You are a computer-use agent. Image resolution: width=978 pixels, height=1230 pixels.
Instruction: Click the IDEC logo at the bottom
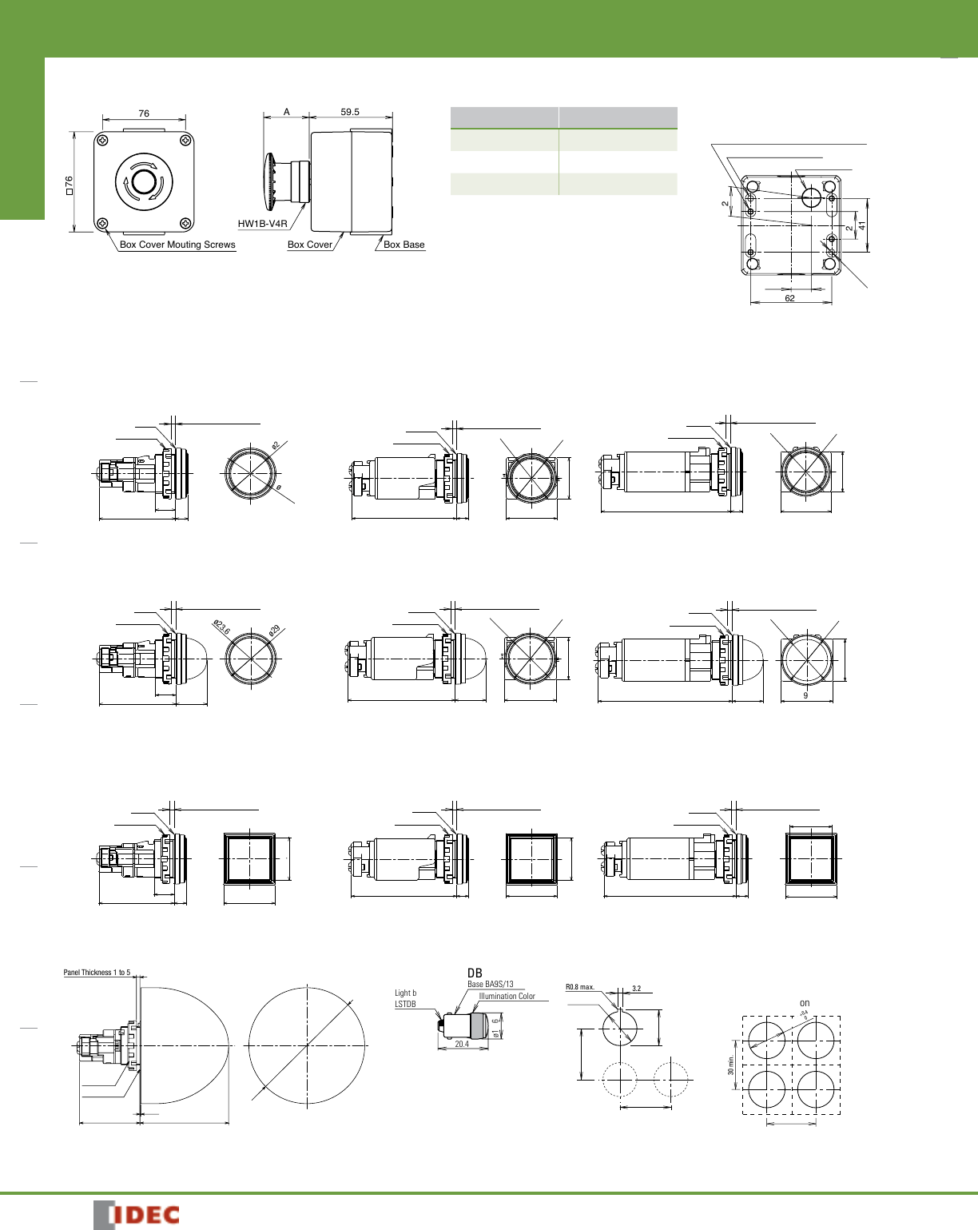(x=137, y=1215)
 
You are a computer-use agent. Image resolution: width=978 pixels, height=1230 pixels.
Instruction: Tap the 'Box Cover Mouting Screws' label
(x=177, y=245)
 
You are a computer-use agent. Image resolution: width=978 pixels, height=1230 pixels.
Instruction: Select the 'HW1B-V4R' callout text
(x=262, y=224)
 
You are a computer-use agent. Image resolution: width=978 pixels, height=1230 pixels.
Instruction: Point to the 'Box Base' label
(x=404, y=245)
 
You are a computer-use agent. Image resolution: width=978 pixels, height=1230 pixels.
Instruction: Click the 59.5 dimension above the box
(x=350, y=112)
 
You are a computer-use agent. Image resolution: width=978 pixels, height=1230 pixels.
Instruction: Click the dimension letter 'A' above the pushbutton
(x=287, y=112)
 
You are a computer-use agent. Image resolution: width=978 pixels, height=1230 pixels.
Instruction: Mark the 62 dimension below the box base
(x=789, y=298)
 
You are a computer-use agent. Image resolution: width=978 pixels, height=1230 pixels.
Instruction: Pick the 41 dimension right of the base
(x=862, y=226)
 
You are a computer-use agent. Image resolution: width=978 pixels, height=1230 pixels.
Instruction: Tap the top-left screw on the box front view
(x=103, y=142)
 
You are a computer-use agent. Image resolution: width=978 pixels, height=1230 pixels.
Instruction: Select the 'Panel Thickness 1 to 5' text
(x=97, y=973)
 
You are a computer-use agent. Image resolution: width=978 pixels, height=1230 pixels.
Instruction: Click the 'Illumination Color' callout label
(x=507, y=996)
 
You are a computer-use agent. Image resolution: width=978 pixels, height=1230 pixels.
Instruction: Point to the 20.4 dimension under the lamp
(x=462, y=1044)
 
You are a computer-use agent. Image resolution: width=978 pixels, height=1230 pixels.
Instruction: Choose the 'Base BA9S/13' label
(x=491, y=984)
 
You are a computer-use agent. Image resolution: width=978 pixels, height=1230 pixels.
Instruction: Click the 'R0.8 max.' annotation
(x=580, y=987)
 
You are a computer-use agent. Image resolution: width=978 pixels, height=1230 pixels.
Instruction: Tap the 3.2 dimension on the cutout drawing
(x=636, y=989)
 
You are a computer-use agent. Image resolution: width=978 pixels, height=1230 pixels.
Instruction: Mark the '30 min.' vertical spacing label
(x=730, y=1065)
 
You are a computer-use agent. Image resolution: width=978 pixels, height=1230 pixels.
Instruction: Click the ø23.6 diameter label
(x=221, y=627)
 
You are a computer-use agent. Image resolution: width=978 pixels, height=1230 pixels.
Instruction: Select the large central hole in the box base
(x=811, y=196)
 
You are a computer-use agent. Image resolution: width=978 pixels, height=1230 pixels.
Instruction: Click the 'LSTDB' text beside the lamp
(x=405, y=1004)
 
